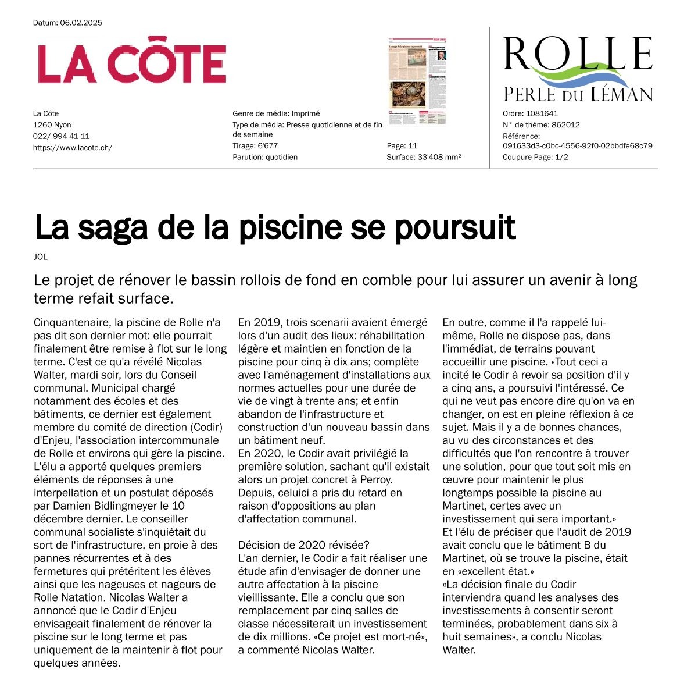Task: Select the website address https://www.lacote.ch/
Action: (73, 148)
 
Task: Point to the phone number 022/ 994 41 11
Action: (61, 136)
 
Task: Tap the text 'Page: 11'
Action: (402, 146)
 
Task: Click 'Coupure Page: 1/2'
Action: (535, 157)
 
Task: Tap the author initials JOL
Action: (41, 257)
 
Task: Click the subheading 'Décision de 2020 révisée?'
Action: (304, 545)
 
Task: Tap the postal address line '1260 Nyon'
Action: (52, 125)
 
